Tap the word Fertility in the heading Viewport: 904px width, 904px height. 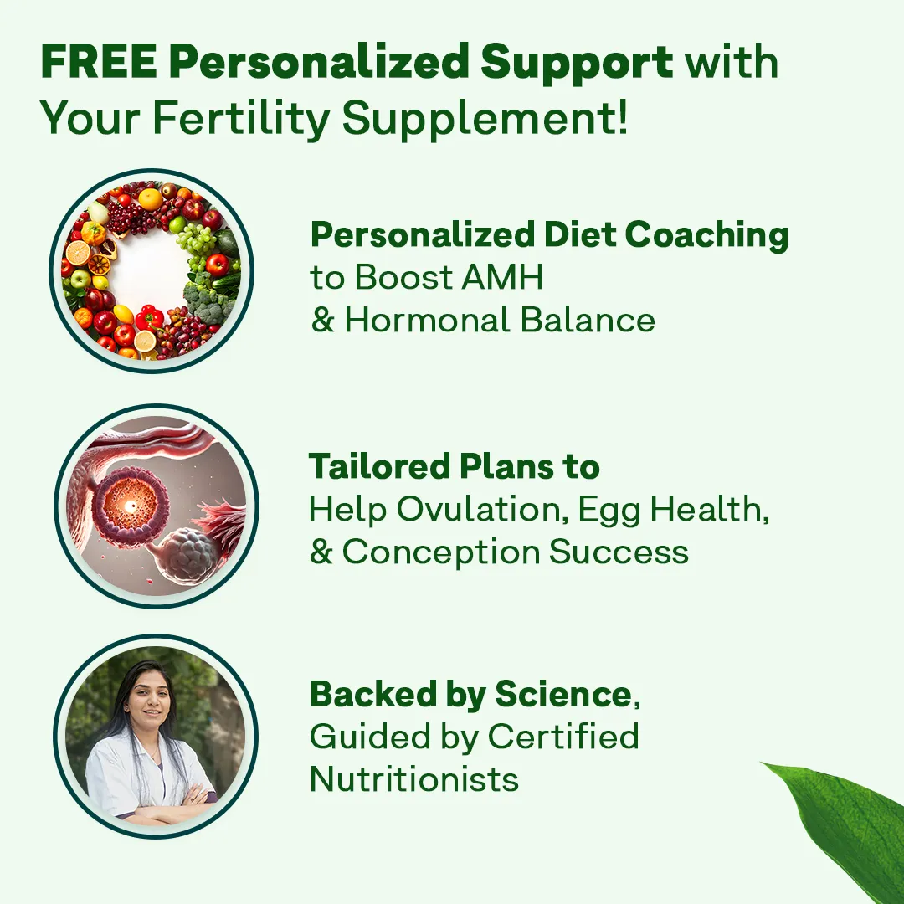(x=241, y=118)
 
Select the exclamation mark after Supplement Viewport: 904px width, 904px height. (x=621, y=116)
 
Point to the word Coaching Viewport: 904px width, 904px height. (x=706, y=235)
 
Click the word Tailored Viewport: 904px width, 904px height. (x=379, y=466)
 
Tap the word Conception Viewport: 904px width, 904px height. (x=441, y=553)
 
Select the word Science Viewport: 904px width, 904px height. (x=563, y=694)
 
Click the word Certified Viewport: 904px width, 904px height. (x=563, y=737)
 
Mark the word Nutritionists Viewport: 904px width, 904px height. (x=414, y=779)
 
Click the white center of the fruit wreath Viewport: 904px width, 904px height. (x=151, y=270)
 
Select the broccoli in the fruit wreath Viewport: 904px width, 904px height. (x=206, y=300)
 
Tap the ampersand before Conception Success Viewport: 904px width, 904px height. (x=321, y=552)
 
